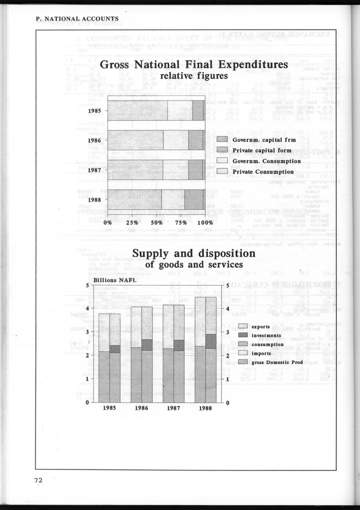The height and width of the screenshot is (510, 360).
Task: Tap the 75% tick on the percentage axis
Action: [181, 223]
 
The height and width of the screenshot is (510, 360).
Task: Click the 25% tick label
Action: [131, 223]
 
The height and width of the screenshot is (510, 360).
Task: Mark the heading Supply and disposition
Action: [194, 253]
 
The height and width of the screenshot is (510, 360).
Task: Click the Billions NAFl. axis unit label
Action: [110, 280]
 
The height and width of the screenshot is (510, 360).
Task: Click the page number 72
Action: [38, 487]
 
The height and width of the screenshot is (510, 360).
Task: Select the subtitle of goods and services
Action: [193, 264]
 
